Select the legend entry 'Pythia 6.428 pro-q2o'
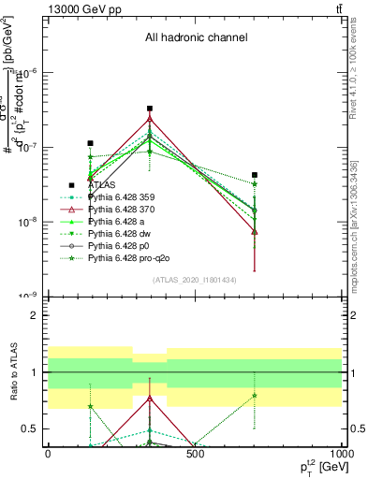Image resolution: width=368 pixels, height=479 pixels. pos(132,258)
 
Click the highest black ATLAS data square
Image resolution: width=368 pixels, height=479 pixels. pos(150,109)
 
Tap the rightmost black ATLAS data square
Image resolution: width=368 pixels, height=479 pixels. pos(254,175)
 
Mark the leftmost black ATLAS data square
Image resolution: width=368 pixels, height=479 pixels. pos(90,143)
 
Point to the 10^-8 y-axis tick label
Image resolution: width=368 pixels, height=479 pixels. pos(29,222)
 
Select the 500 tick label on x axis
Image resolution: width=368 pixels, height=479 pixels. pos(195,452)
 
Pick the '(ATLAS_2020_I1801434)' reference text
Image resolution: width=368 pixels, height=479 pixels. pos(195,281)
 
